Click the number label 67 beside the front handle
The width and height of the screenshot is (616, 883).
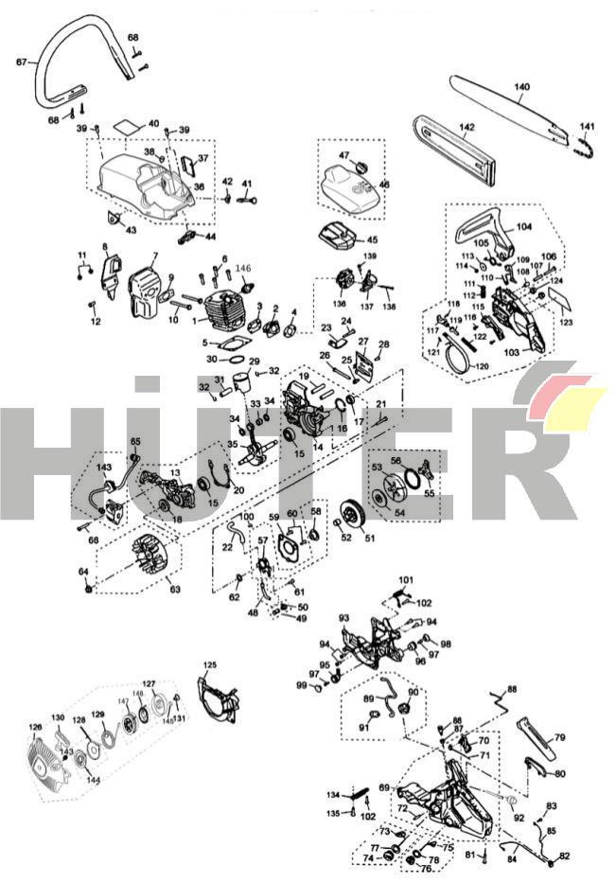tap(21, 62)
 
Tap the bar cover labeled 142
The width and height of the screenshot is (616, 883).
tap(454, 150)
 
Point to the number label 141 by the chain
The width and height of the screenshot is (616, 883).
tap(587, 127)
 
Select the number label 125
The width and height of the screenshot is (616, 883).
tap(209, 664)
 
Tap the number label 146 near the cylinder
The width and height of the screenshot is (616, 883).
tap(244, 268)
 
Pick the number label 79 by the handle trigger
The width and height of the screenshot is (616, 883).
tap(559, 737)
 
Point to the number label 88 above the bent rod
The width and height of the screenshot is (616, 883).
tap(512, 688)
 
